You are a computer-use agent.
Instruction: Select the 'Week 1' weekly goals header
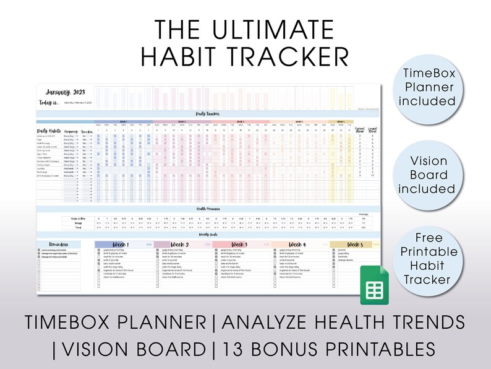[x=123, y=245]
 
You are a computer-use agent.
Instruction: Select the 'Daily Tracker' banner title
[x=209, y=114]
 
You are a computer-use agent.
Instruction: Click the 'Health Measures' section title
[x=209, y=209]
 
